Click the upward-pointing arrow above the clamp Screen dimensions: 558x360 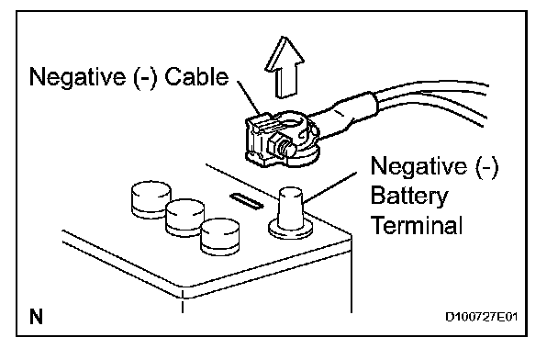coord(285,68)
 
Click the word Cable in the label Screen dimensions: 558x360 coord(196,76)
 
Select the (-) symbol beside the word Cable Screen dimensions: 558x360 coord(145,77)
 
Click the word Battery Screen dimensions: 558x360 coord(409,197)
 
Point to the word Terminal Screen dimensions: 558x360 coord(417,225)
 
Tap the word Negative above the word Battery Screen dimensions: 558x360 coord(418,166)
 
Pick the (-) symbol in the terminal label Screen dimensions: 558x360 coord(486,166)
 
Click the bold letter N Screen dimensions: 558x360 coord(37,316)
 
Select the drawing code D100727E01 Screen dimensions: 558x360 coord(482,317)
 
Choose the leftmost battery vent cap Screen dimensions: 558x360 coord(151,199)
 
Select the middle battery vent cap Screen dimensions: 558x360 coord(185,217)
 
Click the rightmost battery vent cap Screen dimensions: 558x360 coord(220,236)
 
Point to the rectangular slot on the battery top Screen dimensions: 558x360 coord(247,201)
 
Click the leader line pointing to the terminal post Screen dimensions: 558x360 coord(329,188)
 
